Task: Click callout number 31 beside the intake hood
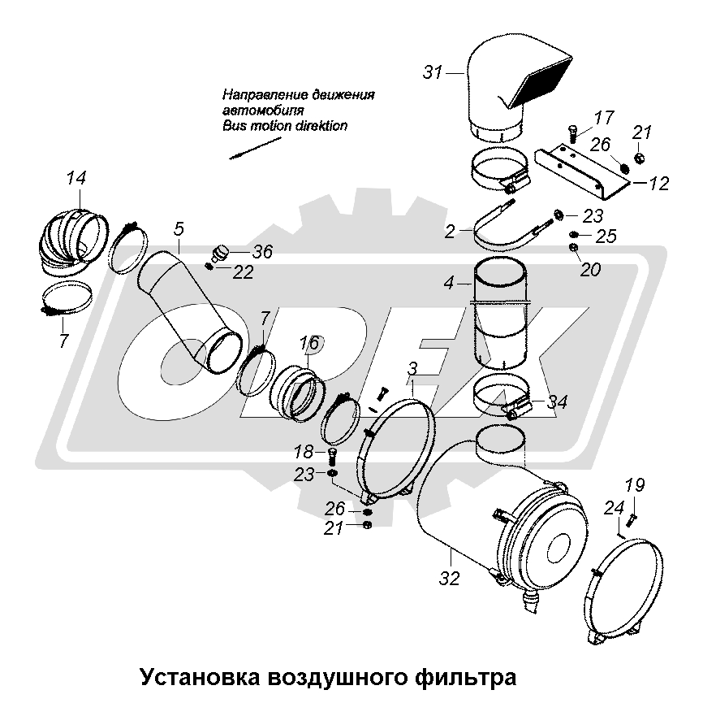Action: [433, 72]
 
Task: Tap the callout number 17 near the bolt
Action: [603, 118]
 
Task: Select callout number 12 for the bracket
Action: [658, 184]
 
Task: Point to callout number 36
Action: [262, 252]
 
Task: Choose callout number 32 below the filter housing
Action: [449, 579]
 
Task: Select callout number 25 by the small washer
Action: [606, 236]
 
